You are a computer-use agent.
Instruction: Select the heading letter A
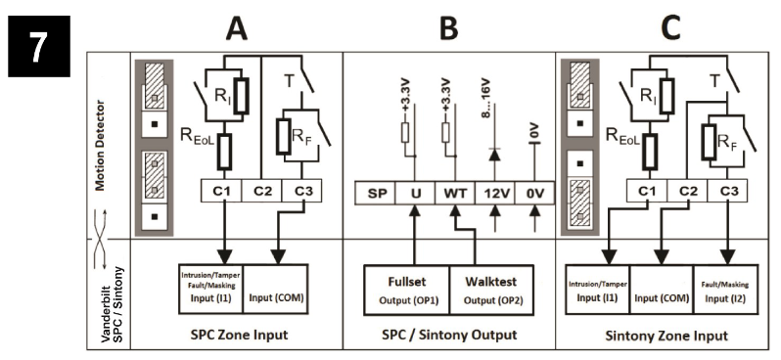236,29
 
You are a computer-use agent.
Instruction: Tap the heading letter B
448,29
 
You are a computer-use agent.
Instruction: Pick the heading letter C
669,29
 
